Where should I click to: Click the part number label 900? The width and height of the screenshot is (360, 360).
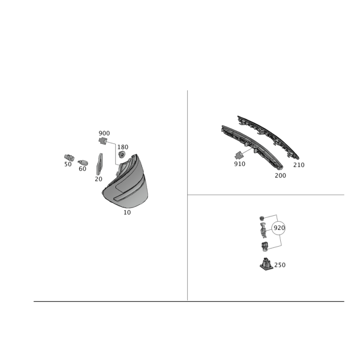click(x=104, y=133)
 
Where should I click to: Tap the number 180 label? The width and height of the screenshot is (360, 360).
click(x=123, y=147)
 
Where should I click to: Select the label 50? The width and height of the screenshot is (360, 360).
click(x=68, y=164)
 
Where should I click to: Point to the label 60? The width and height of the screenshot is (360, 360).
click(x=82, y=169)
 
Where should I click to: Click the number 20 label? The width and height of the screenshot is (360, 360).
click(x=99, y=179)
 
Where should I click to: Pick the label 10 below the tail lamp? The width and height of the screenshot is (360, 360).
click(x=127, y=212)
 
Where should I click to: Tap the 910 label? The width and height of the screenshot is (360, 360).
click(x=240, y=164)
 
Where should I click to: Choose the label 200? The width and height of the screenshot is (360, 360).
click(x=280, y=175)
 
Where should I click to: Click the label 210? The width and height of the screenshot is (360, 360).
click(x=299, y=165)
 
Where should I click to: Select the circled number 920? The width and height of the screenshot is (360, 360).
click(x=279, y=228)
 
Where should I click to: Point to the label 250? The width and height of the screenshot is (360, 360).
click(x=280, y=265)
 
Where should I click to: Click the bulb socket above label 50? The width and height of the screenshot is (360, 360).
click(x=69, y=157)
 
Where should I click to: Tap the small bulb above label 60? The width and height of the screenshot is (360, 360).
click(x=83, y=162)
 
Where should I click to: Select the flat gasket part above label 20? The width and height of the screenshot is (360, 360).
click(x=99, y=164)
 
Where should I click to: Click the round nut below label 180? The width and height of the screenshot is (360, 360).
click(x=121, y=154)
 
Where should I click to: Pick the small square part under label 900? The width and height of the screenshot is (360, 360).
click(x=103, y=141)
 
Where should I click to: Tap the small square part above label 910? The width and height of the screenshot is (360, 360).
click(x=239, y=155)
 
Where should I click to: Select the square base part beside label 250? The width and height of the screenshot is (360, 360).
click(x=266, y=264)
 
